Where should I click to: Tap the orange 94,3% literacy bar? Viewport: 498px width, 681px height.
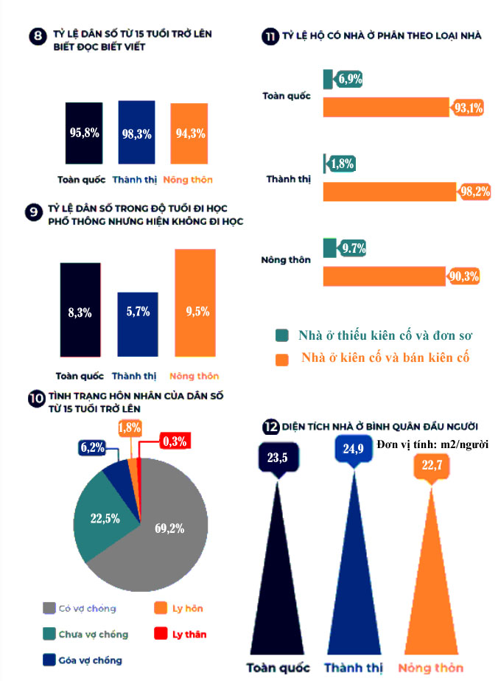(x=189, y=134)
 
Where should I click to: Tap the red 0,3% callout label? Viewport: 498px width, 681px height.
(x=175, y=442)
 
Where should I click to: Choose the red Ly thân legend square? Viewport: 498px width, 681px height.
(x=161, y=634)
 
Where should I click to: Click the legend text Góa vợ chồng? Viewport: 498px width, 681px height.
(x=91, y=660)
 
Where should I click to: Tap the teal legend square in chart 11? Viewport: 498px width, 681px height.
(x=281, y=335)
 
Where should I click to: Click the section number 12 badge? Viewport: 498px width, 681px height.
(x=270, y=427)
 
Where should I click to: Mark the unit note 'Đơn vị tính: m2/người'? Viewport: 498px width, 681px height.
(x=432, y=444)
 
